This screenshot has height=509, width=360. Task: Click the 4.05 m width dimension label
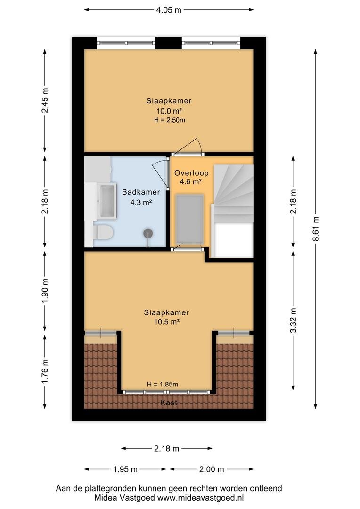(169, 10)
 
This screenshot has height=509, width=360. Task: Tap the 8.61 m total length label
(316, 229)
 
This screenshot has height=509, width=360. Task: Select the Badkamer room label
(141, 192)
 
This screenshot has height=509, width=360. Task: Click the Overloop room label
(191, 173)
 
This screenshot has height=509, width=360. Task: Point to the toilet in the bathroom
(103, 232)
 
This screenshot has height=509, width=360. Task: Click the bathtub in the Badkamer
(108, 201)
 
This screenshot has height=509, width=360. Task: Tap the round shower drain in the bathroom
(148, 233)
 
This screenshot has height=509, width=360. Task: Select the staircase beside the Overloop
(232, 211)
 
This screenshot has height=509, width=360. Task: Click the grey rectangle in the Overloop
(189, 219)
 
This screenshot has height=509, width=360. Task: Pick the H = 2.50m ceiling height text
(170, 120)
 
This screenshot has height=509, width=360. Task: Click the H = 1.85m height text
(162, 385)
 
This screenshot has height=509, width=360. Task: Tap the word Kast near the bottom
(169, 403)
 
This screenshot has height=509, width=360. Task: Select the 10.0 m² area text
(169, 111)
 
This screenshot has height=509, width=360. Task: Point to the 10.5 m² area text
(167, 322)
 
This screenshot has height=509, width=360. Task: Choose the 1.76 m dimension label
(45, 371)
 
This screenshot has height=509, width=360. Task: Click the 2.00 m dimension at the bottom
(211, 469)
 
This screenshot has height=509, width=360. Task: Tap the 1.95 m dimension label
(125, 469)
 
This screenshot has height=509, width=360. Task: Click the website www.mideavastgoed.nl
(200, 498)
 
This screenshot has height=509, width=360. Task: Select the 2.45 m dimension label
(45, 100)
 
